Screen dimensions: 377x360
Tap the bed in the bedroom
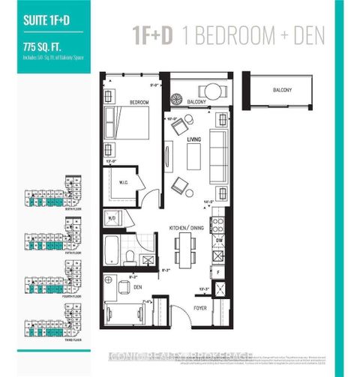pos(128,124)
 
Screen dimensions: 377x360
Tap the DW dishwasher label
pos(220,241)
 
